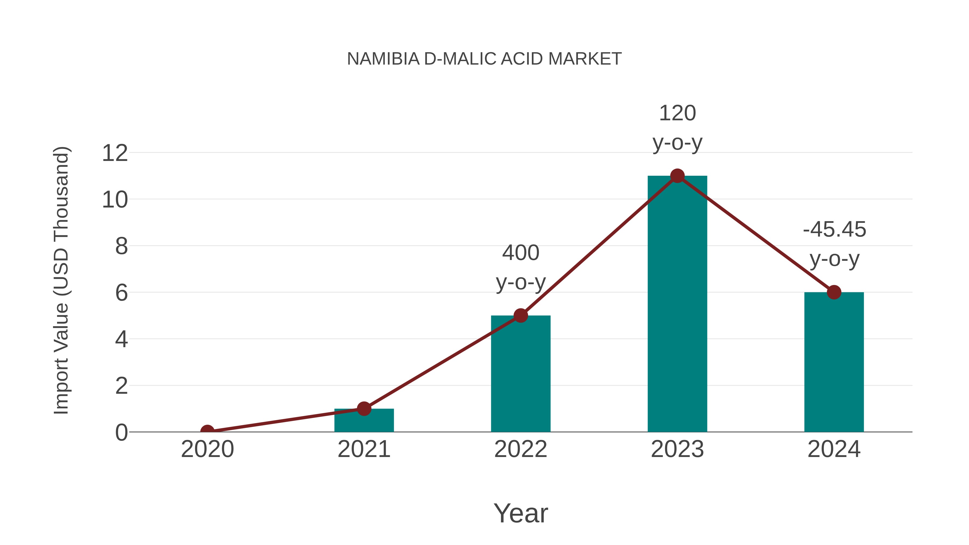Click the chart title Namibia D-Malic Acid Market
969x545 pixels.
[484, 59]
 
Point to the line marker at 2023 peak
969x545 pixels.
[677, 176]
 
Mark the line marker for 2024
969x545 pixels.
[834, 292]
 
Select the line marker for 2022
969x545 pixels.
[521, 316]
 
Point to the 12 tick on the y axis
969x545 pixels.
[115, 153]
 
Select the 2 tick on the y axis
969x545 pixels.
[121, 386]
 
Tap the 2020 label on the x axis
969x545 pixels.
[207, 449]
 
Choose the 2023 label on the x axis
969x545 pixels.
[677, 449]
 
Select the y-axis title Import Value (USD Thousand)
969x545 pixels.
[61, 280]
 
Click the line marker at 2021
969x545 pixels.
[364, 409]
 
